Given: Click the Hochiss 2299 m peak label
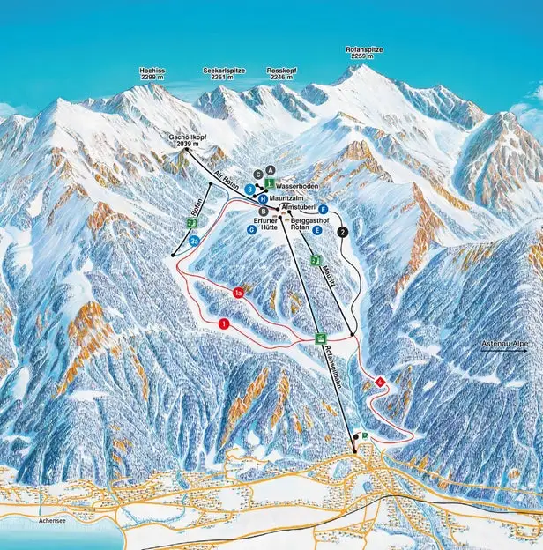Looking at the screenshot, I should point(152,74).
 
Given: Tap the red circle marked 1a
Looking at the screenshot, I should point(238,292).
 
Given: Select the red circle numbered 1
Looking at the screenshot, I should point(225,324).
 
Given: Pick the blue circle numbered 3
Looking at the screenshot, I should point(250,189).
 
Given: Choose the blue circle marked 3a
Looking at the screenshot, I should point(194,240).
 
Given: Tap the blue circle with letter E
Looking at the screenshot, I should point(316,229).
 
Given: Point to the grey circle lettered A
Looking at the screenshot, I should point(271,169).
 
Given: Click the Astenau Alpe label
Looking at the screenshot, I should point(502,341).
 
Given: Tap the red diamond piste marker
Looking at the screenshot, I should point(380,382).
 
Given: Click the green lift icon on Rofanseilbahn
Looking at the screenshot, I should point(322,338).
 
